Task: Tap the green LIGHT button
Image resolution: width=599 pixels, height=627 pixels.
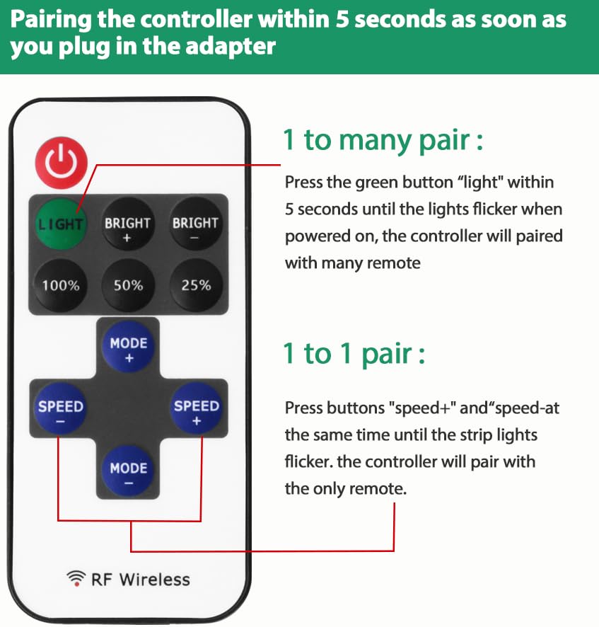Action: pyautogui.click(x=60, y=224)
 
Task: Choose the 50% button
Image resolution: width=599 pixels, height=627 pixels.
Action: pyautogui.click(x=128, y=285)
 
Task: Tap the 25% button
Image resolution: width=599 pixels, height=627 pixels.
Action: pyautogui.click(x=196, y=285)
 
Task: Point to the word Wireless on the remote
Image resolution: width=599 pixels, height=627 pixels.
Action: pyautogui.click(x=154, y=579)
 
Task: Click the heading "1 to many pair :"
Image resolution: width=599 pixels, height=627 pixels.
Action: pyautogui.click(x=383, y=139)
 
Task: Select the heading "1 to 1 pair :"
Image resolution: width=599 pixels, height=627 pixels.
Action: pyautogui.click(x=354, y=352)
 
